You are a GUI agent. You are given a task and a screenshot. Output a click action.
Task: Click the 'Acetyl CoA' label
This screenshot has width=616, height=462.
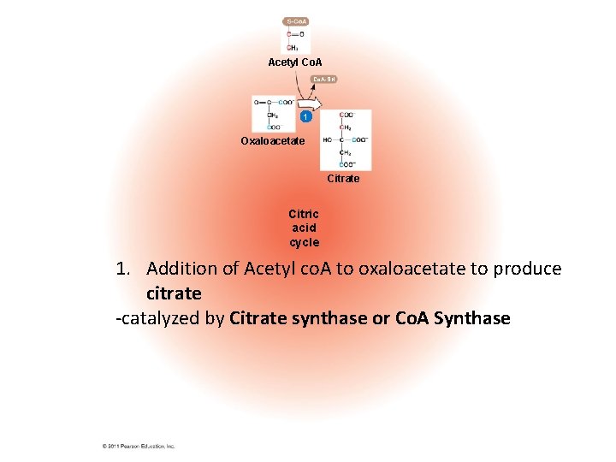[x=295, y=62]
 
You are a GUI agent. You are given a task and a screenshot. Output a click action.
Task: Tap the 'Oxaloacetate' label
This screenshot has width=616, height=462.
[x=272, y=140]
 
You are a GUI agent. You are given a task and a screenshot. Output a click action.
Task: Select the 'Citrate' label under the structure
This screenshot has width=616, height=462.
[x=343, y=179]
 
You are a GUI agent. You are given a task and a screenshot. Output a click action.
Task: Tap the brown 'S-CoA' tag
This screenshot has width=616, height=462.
[x=296, y=21]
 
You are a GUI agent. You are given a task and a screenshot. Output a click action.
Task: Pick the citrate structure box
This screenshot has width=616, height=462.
[x=346, y=139]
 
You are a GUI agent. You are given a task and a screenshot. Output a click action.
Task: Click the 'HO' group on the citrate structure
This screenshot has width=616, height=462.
[x=328, y=139]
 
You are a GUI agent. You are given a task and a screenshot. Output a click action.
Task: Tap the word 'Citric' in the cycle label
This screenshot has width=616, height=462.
[x=304, y=214]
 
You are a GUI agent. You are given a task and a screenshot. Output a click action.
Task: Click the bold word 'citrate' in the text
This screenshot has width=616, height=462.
[x=174, y=293]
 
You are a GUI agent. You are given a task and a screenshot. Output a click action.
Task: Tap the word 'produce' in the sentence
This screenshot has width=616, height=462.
[x=528, y=269]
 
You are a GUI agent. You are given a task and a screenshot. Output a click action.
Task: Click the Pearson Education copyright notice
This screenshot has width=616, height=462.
[x=138, y=446]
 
